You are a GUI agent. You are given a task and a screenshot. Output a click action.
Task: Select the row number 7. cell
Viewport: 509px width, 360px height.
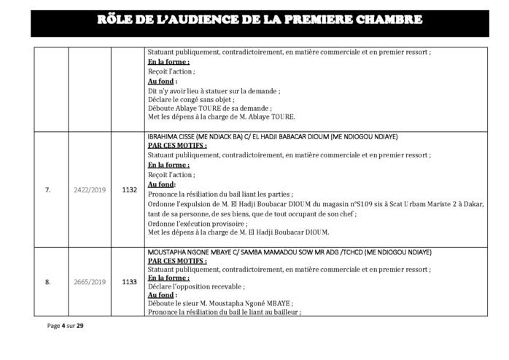(47, 190)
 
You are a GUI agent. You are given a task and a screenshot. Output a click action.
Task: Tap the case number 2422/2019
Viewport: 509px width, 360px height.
(90, 190)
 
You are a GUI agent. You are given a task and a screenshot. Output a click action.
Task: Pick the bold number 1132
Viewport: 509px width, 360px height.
(129, 190)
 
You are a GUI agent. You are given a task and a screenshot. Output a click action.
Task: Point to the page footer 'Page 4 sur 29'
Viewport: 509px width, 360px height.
(65, 325)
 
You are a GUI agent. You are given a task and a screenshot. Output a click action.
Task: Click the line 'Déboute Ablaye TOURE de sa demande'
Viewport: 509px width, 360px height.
(203, 108)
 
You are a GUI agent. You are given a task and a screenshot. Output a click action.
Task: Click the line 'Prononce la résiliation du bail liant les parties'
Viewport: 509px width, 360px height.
(220, 195)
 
